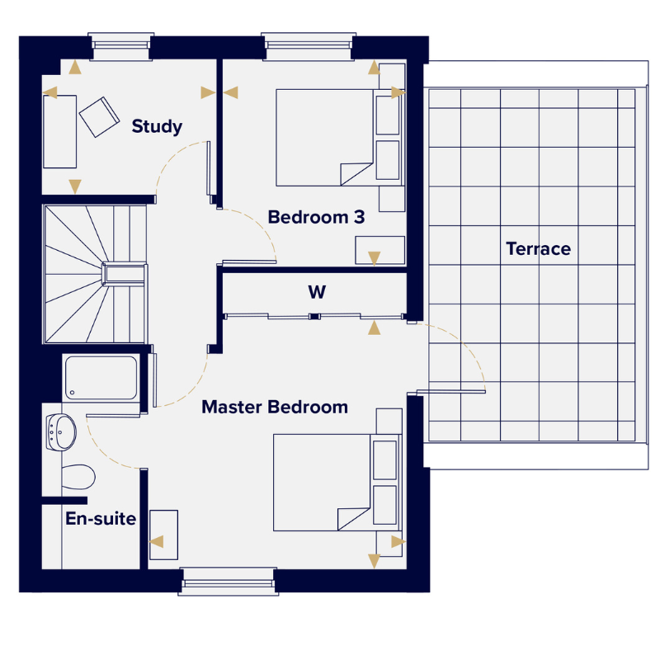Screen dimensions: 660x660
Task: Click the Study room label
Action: point(157,126)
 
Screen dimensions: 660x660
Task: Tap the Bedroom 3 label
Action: point(316,217)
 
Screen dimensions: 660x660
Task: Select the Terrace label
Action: point(539,249)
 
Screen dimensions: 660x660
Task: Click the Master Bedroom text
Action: point(275,407)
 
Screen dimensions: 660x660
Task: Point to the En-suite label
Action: point(101,519)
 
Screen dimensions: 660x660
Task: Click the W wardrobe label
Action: point(317,292)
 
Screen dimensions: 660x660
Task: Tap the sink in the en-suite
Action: point(61,432)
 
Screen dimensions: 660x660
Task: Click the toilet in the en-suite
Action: point(78,477)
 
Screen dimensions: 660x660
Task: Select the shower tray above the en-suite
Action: point(101,378)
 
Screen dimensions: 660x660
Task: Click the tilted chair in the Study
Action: point(99,117)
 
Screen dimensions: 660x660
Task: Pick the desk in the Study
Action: point(59,132)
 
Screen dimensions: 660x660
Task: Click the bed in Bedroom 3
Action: point(338,138)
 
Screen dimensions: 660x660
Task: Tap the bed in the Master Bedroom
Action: point(336,483)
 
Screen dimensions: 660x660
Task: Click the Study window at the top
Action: point(120,46)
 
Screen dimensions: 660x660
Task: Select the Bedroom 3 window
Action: point(309,46)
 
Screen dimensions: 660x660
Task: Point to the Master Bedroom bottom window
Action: point(229,582)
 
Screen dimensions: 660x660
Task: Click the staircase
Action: point(95,274)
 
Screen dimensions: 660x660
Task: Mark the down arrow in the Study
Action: point(75,186)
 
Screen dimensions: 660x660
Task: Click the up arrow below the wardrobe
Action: point(375,328)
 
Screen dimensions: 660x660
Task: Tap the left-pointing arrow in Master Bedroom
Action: point(157,541)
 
